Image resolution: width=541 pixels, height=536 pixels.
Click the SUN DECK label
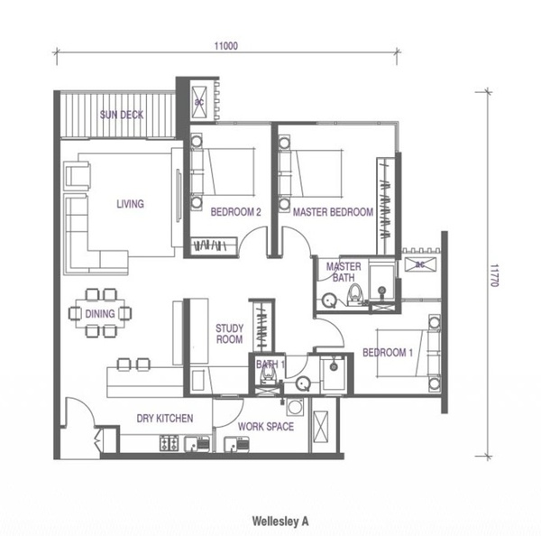point(122,115)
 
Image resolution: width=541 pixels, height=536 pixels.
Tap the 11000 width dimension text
point(226,46)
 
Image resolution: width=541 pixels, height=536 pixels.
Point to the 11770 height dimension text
point(494,275)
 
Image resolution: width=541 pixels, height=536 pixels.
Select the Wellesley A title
point(280,522)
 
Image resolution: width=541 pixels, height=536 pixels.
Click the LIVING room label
point(130,204)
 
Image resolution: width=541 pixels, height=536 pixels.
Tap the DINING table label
point(100,314)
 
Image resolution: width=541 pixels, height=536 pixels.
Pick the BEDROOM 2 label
point(235,212)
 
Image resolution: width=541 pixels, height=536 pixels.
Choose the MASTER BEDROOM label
point(333,212)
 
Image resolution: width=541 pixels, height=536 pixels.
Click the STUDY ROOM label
point(229,334)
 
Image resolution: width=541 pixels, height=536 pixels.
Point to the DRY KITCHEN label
point(165,418)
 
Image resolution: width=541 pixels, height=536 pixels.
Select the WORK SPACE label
point(266,427)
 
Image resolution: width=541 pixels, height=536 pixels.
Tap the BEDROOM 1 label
point(388,352)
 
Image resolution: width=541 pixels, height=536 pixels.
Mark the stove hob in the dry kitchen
point(170,443)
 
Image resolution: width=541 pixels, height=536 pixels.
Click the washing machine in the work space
point(295,406)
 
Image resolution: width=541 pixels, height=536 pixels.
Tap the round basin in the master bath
point(329,300)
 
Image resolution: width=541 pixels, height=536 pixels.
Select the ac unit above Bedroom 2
point(199,102)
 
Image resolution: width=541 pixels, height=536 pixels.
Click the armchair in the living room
point(78,175)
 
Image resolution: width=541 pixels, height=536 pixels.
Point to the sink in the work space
point(236,444)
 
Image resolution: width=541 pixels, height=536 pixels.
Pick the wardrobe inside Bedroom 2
point(214,245)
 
